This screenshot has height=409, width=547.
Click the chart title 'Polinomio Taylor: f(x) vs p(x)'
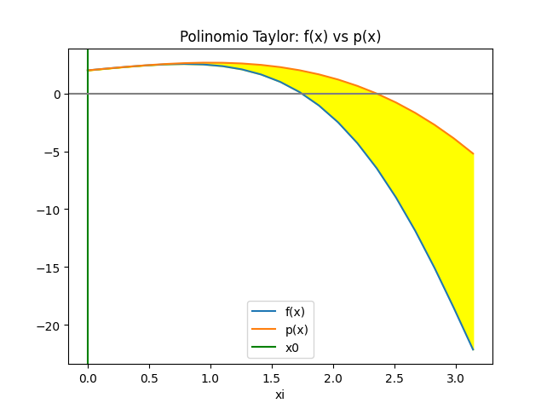[x=280, y=37]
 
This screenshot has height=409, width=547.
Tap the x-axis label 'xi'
[x=279, y=395]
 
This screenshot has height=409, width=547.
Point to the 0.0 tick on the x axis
[x=88, y=376]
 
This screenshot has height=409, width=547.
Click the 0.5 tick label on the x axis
[x=149, y=376]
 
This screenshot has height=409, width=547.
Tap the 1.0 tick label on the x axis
[x=210, y=376]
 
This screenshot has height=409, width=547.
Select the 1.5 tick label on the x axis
[x=272, y=376]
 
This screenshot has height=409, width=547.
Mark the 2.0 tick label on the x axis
[x=333, y=376]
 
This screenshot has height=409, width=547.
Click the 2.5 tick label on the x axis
[x=394, y=376]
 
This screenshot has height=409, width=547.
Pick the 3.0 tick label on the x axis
[x=456, y=376]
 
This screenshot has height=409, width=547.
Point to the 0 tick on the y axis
[x=56, y=94]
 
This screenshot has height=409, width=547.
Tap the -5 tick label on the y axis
[x=53, y=152]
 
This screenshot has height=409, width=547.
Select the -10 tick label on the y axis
[x=50, y=210]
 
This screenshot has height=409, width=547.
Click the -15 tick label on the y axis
[x=50, y=268]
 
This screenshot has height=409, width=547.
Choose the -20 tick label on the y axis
[x=50, y=325]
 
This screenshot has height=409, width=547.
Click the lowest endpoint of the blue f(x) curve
[x=473, y=349]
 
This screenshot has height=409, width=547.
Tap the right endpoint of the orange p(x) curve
[x=473, y=154]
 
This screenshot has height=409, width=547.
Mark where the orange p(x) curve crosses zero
[x=377, y=94]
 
